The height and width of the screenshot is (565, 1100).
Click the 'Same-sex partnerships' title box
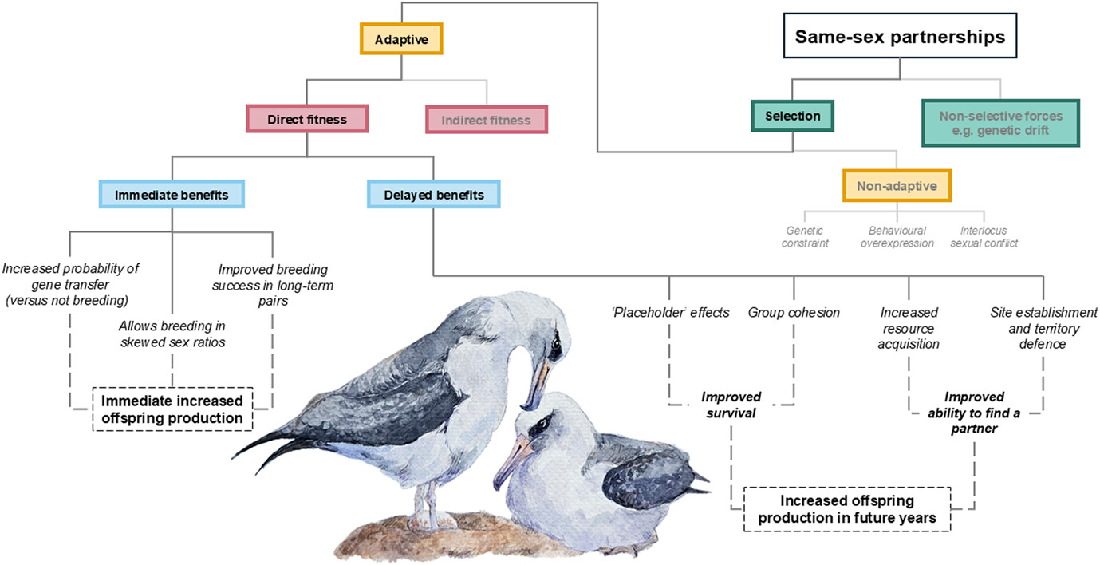pyautogui.click(x=900, y=37)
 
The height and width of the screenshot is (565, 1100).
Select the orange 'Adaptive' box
pyautogui.click(x=400, y=38)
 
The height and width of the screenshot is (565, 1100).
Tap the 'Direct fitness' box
pyautogui.click(x=307, y=120)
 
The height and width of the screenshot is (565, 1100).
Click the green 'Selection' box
pyautogui.click(x=792, y=117)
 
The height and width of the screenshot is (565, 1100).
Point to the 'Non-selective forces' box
pyautogui.click(x=1000, y=123)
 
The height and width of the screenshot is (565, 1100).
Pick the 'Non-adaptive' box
pyautogui.click(x=897, y=186)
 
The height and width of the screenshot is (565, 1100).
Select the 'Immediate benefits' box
pyautogui.click(x=172, y=194)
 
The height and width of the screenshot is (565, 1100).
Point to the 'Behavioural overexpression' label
pyautogui.click(x=897, y=236)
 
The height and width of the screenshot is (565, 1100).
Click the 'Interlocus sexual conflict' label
pyautogui.click(x=984, y=236)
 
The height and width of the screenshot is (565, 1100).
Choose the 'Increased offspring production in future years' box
pyautogui.click(x=846, y=509)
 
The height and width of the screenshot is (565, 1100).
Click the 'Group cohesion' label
pyautogui.click(x=794, y=312)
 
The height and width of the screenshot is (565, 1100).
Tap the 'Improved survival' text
pyautogui.click(x=731, y=404)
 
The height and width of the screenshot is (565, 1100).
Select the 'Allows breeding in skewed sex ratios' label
pyautogui.click(x=172, y=334)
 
